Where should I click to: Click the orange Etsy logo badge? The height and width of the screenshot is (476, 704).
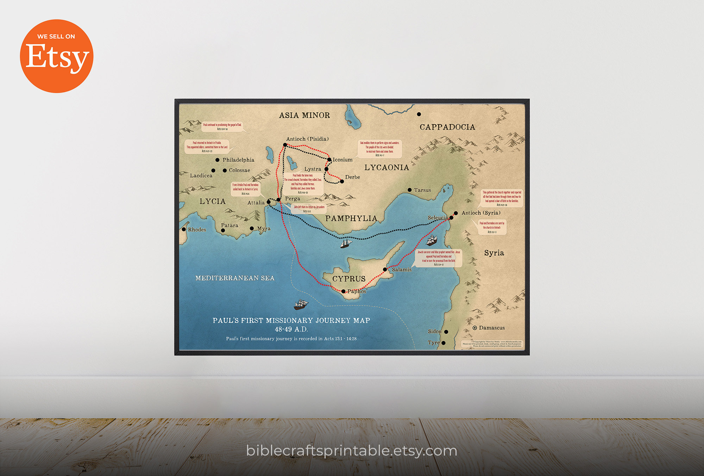[x=56, y=56]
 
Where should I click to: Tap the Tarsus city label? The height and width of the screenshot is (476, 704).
[x=422, y=190]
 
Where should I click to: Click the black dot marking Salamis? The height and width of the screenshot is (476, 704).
[x=385, y=270]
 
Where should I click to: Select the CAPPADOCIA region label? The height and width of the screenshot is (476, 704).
[x=447, y=127]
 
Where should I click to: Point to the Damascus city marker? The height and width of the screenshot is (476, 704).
[x=475, y=328]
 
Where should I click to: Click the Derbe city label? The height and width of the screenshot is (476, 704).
[x=352, y=177]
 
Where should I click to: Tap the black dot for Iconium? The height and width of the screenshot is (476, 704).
[x=329, y=160]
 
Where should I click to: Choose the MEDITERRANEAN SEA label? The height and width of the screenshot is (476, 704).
[x=235, y=278]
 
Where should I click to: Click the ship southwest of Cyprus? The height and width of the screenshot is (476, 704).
[x=301, y=304]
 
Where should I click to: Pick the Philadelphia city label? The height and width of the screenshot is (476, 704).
[x=238, y=160]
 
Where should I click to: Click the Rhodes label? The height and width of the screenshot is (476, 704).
[x=197, y=230]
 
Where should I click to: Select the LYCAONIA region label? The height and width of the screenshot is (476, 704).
[x=386, y=168]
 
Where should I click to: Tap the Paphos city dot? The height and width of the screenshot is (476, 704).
[x=344, y=291]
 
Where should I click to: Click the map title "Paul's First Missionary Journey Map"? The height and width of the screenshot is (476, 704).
[x=291, y=321]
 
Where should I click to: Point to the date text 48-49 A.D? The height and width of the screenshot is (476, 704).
[x=291, y=329]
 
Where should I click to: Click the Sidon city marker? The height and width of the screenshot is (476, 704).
[x=446, y=332]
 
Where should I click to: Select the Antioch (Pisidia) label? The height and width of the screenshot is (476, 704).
[x=307, y=139]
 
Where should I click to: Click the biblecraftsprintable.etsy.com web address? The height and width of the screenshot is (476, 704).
[x=352, y=451]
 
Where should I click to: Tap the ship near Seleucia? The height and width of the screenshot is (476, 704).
[x=432, y=240]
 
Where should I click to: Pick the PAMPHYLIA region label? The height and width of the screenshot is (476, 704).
[x=351, y=218]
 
